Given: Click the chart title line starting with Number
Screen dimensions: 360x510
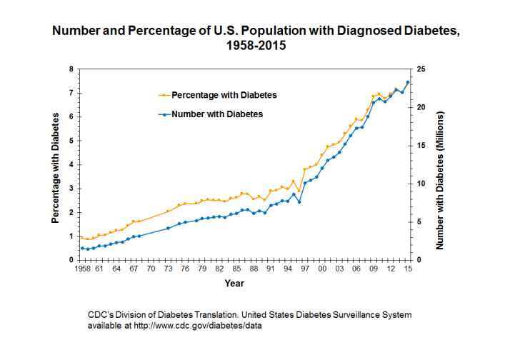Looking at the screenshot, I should (x=254, y=31).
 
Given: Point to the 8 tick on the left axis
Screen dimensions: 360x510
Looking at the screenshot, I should (x=71, y=69).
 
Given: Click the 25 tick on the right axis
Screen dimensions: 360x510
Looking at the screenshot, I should (x=421, y=69).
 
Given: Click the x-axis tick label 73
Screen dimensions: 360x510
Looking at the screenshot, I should (x=168, y=269).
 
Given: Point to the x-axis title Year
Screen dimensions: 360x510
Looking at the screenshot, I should (x=234, y=284).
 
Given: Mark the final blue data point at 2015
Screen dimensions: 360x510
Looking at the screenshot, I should (x=407, y=82).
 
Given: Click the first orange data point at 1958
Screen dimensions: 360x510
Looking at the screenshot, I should (x=81, y=237).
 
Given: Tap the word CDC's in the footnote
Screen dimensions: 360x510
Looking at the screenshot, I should (x=101, y=314).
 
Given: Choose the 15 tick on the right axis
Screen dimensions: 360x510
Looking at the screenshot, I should (x=421, y=146).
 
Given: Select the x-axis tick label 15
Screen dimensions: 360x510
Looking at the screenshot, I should (x=407, y=269).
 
